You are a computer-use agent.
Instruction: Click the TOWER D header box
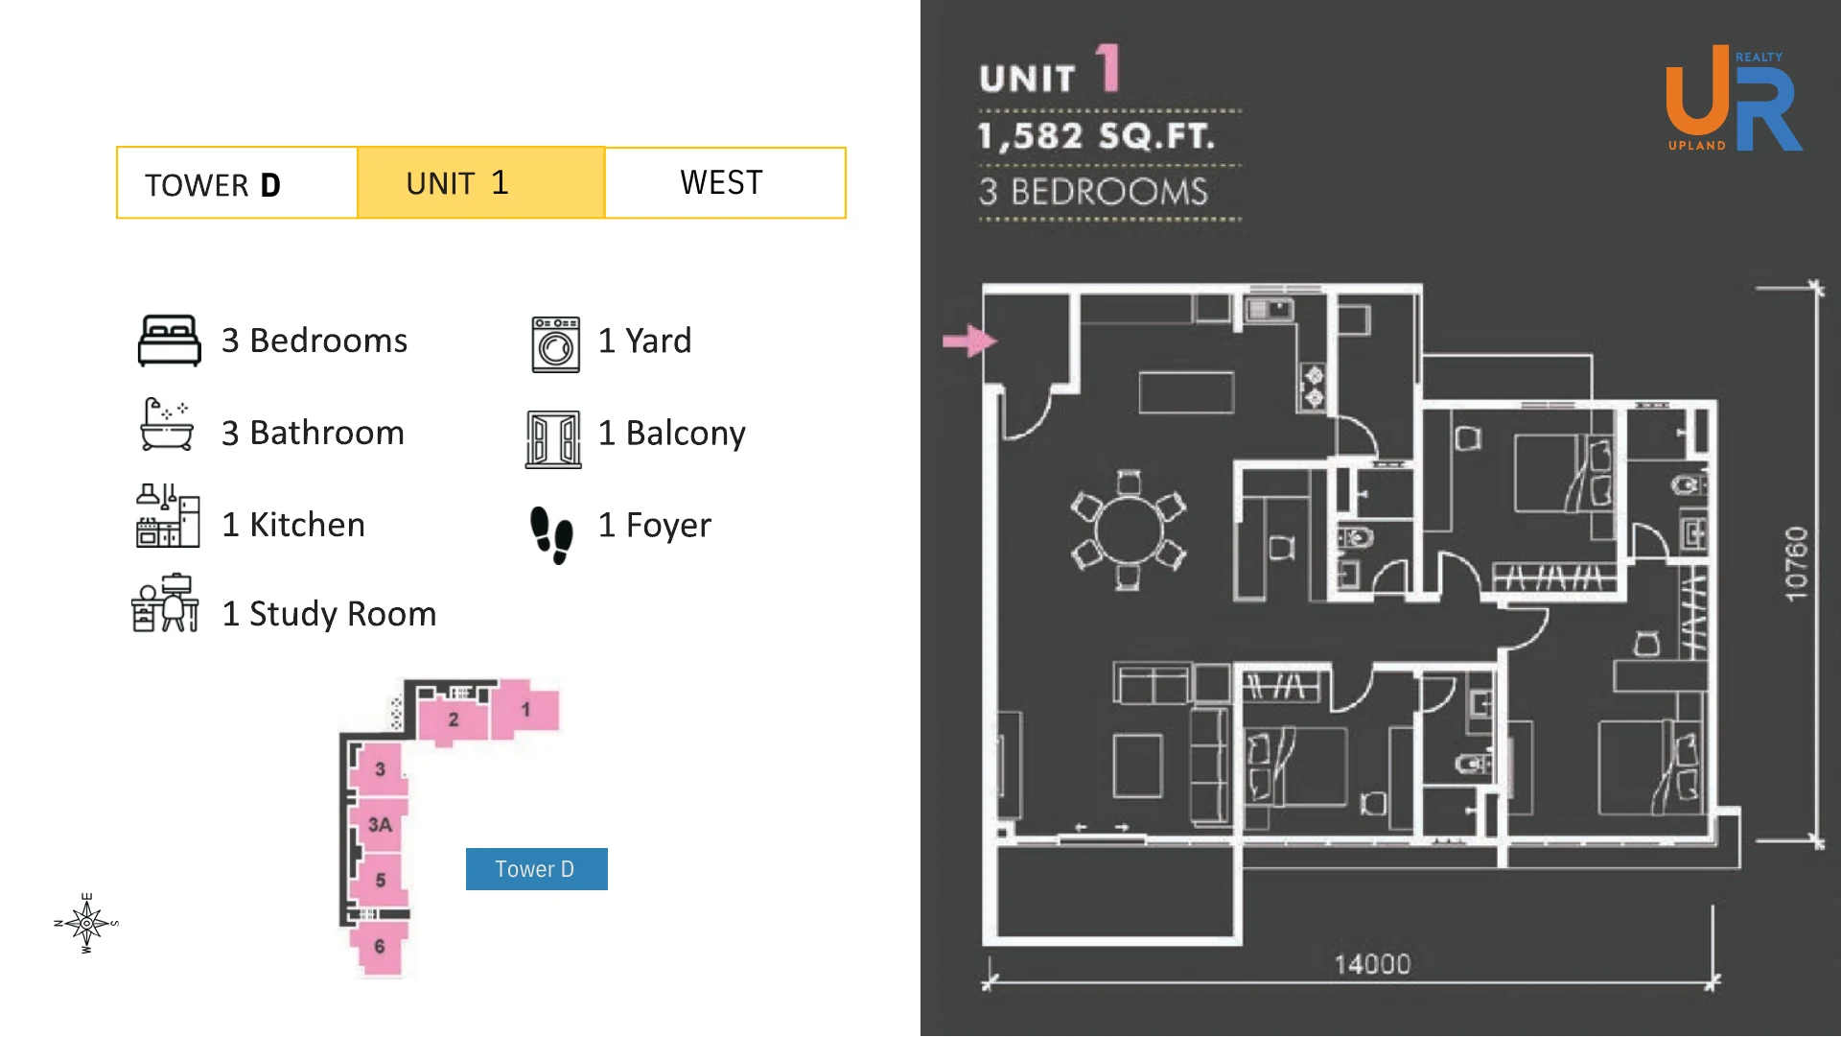click(237, 182)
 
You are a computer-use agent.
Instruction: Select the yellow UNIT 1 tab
click(480, 182)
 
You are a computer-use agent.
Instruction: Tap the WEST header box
click(725, 182)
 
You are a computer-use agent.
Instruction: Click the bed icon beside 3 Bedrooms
click(169, 341)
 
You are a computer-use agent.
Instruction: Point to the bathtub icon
click(167, 425)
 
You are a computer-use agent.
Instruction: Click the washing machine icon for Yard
click(556, 344)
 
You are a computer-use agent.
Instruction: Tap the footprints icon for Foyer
click(551, 535)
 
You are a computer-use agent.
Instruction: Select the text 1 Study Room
click(329, 614)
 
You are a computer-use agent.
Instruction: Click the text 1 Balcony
click(671, 434)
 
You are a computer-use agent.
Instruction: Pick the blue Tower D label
click(536, 869)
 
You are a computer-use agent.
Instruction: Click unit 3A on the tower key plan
click(380, 825)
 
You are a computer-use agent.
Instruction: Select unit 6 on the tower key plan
click(380, 947)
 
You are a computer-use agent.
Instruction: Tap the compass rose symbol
click(86, 923)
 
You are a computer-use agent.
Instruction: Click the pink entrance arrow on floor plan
click(969, 341)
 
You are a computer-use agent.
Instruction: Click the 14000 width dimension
click(1372, 964)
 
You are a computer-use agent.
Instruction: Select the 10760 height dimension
click(1796, 564)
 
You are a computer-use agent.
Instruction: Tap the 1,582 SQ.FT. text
click(1096, 136)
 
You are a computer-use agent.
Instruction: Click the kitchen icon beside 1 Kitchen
click(168, 515)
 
